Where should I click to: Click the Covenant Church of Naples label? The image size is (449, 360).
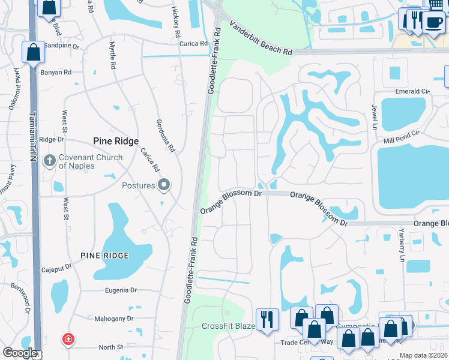coord(90,161)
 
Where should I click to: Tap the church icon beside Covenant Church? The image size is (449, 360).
coord(50,161)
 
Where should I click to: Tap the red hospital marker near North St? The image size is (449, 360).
coord(69,340)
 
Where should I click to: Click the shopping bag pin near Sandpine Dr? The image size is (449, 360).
coord(34,52)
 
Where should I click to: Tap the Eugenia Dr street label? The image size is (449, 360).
coord(121,290)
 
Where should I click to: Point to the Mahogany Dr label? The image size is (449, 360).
coord(113,319)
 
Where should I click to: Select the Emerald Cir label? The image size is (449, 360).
coord(412,91)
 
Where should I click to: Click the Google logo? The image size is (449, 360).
coord(20,353)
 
